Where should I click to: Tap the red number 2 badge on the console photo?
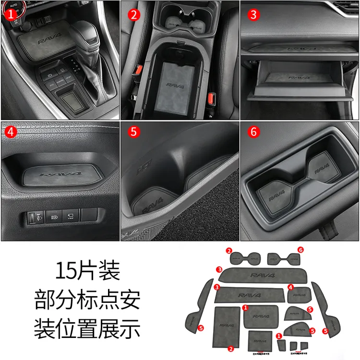pos(133,14)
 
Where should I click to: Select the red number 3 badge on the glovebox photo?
pos(253,14)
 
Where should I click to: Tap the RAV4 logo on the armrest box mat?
pos(176,85)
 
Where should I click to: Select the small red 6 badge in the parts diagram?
pos(300,250)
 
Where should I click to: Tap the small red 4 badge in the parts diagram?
pos(290,287)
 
